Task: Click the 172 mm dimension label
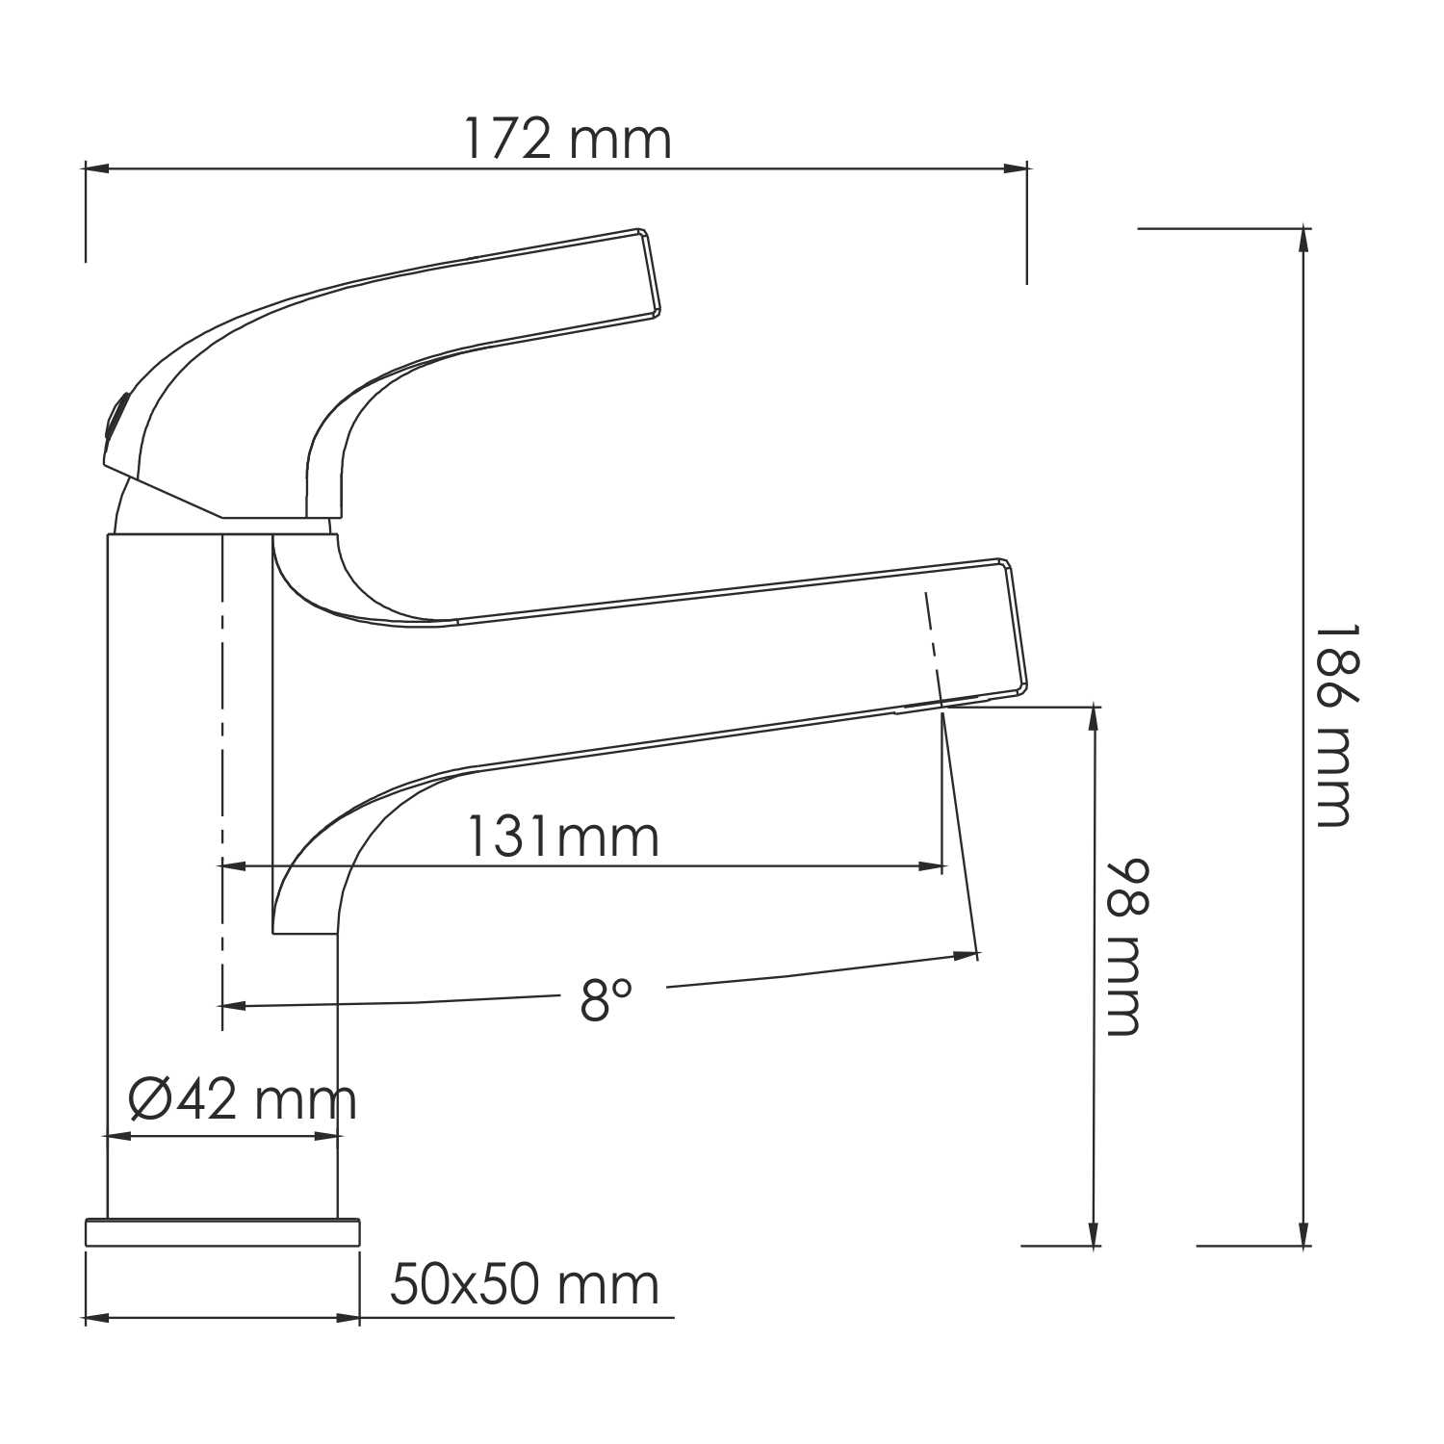[x=567, y=139]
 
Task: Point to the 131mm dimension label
[x=563, y=837]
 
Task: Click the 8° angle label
[x=606, y=999]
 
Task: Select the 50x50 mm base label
[x=525, y=1284]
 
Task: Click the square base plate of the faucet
[x=222, y=1233]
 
